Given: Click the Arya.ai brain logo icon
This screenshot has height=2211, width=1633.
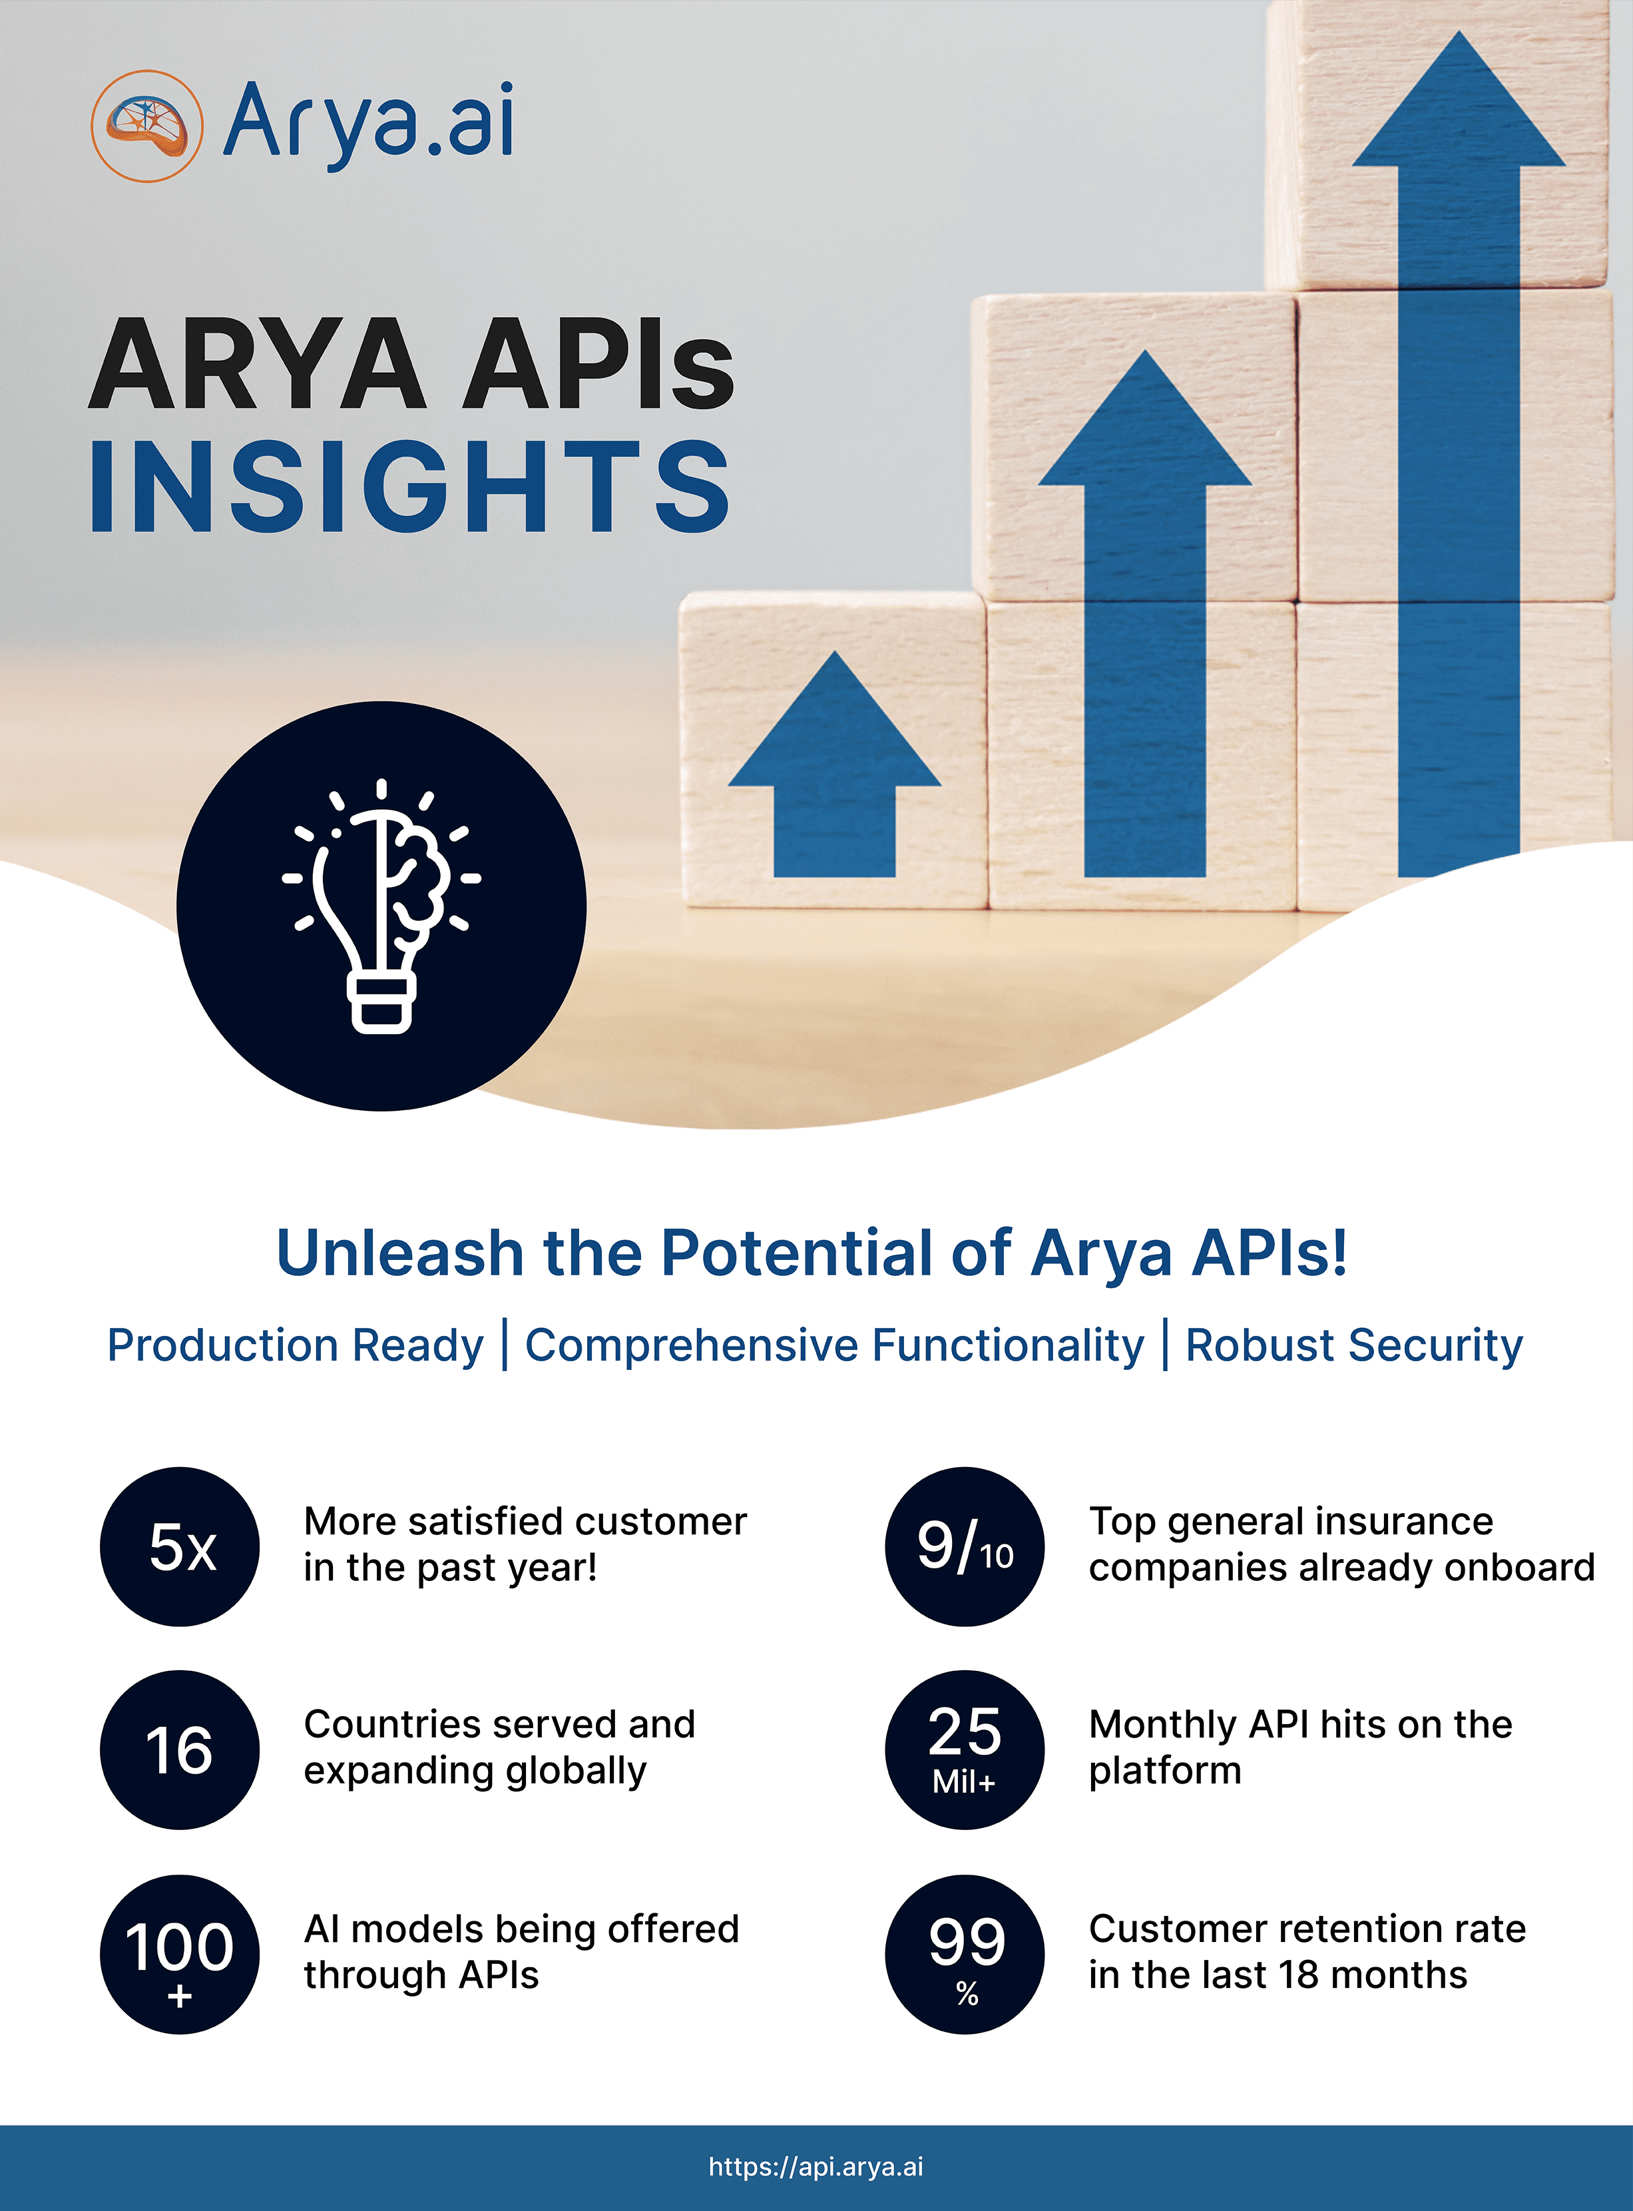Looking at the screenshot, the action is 147,126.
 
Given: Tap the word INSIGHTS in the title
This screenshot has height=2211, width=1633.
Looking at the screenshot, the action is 410,487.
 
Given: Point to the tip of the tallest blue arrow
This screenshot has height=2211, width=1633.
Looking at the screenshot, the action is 1459,32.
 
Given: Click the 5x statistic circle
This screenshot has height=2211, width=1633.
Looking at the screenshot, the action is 180,1546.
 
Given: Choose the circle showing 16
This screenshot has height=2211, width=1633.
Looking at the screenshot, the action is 180,1749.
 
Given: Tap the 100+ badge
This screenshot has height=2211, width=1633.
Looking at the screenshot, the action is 180,1954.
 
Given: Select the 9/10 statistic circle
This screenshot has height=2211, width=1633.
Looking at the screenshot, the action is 965,1546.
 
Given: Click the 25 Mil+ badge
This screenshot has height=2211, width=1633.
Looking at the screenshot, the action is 965,1749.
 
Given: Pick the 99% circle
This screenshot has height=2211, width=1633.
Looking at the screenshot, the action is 965,1954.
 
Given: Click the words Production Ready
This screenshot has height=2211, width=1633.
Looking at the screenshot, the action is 296,1346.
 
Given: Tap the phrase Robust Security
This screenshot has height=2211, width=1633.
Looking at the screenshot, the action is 1354,1346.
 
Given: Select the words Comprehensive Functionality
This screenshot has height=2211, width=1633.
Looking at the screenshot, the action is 834,1346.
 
